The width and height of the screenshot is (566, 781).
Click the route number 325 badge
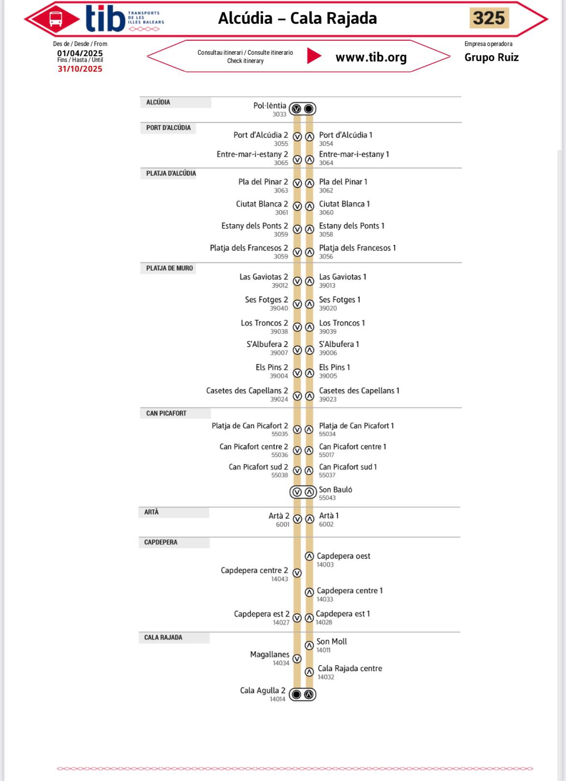[489, 18]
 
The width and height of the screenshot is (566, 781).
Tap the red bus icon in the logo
[56, 19]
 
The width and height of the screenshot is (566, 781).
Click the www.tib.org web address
[371, 57]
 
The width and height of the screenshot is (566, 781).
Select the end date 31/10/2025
[80, 69]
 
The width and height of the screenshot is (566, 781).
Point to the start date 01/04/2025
[80, 53]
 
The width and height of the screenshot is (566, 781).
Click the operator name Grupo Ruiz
[492, 57]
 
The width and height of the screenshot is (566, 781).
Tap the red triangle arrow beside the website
[313, 56]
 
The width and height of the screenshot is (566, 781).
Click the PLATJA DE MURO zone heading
[169, 268]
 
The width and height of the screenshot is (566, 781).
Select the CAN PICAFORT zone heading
[166, 413]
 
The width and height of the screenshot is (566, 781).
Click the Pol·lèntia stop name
[269, 105]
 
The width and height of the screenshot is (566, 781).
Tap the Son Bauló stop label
[335, 490]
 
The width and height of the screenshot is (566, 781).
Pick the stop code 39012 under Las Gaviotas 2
[280, 285]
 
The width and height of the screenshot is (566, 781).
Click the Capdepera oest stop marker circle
[309, 556]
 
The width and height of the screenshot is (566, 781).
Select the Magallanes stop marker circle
[297, 659]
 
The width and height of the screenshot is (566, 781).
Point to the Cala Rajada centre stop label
[350, 668]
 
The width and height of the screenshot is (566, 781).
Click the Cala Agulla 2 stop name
[262, 691]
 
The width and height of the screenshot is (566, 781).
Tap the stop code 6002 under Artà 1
[326, 524]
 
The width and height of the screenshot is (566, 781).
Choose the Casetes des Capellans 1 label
[359, 390]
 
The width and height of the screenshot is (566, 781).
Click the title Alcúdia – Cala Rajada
[298, 18]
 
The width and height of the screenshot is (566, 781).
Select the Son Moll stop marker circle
[309, 646]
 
